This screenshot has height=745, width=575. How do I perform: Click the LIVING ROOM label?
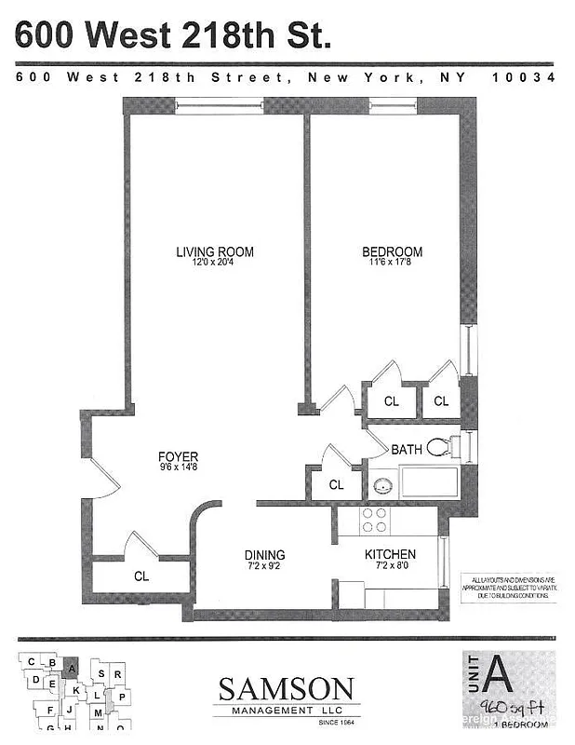(215, 251)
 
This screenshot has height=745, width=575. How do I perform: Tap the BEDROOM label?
(392, 251)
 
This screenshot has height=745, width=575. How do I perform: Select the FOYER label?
(178, 456)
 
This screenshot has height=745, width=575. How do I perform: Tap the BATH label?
(407, 449)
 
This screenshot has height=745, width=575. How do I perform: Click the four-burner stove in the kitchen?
(375, 520)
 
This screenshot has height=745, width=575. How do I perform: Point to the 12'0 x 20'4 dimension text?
(215, 264)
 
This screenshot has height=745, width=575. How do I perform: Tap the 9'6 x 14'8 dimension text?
(178, 468)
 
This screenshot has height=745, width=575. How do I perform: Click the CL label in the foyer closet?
(141, 576)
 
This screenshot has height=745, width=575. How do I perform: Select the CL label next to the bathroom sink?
(336, 485)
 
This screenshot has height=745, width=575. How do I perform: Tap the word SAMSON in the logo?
(286, 690)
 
